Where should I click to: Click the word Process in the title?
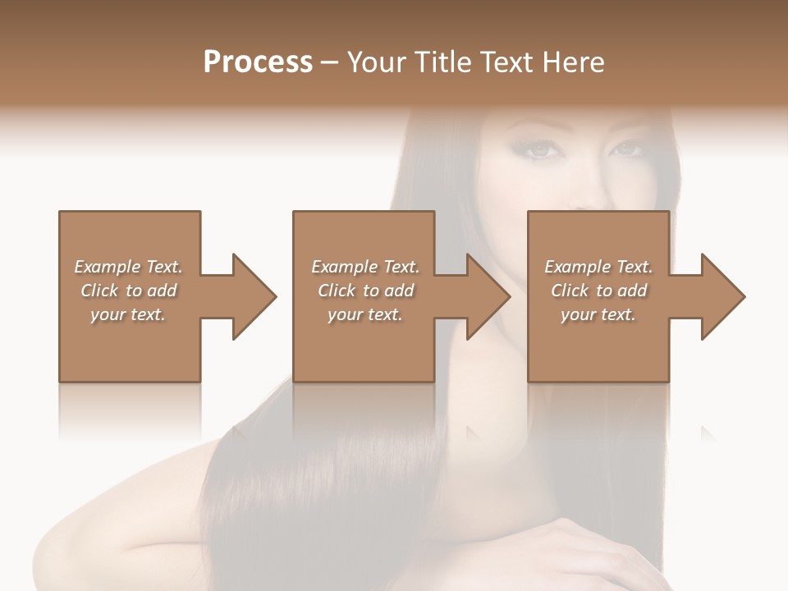click(x=258, y=62)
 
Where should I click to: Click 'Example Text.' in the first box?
click(x=128, y=267)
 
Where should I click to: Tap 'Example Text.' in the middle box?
click(x=365, y=267)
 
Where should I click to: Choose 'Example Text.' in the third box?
click(x=598, y=267)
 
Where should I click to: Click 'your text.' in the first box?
click(x=128, y=314)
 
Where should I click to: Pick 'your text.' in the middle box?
click(x=365, y=314)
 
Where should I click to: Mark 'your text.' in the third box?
click(x=598, y=314)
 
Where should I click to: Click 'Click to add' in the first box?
click(x=128, y=291)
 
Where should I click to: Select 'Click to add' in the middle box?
click(x=365, y=291)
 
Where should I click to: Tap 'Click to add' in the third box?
click(x=598, y=291)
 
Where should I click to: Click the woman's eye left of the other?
click(x=538, y=149)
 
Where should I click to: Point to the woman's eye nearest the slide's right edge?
click(x=625, y=149)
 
